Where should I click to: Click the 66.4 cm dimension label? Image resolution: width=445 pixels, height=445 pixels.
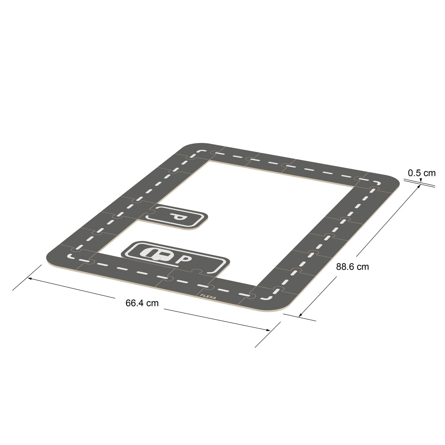click(x=142, y=303)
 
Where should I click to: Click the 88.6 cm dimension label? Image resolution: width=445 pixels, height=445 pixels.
click(x=352, y=267)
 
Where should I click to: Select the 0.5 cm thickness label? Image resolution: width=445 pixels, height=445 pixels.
click(x=422, y=173)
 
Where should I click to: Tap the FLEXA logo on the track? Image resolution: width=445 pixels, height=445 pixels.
click(x=208, y=297)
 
